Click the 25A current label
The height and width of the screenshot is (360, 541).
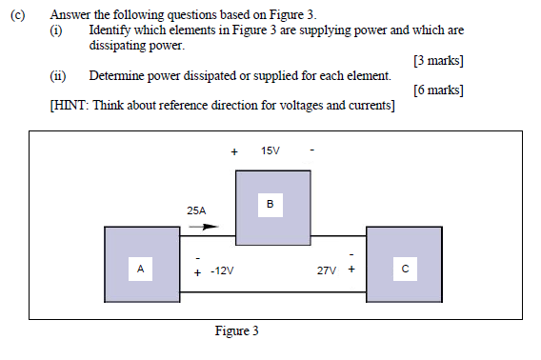point(197,210)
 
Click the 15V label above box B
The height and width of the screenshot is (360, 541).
point(270,151)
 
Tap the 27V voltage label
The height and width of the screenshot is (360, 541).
point(327,271)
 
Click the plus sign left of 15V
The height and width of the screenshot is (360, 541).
point(234,151)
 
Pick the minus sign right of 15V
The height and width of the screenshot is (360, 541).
point(311,151)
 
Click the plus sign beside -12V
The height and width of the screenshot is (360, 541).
point(197,272)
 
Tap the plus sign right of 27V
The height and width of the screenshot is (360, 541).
point(351,270)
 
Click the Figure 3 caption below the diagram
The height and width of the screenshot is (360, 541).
point(236,331)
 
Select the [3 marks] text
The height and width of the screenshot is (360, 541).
point(438,61)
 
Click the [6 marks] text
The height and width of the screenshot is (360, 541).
point(438,90)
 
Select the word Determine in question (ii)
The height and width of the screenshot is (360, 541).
point(118,75)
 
